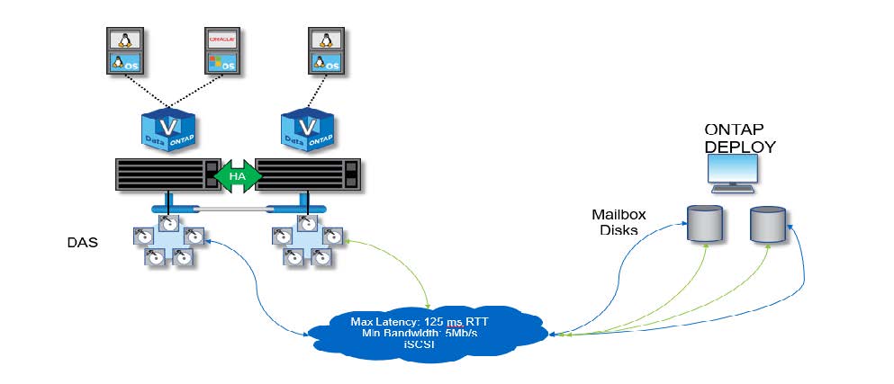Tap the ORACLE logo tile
pos(221,40)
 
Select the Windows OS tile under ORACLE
pos(221,63)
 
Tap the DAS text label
pos(83,243)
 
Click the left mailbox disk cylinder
pos(705,223)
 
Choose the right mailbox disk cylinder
pos(768,223)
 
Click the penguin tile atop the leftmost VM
pos(122,40)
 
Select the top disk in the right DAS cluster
pos(305,221)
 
